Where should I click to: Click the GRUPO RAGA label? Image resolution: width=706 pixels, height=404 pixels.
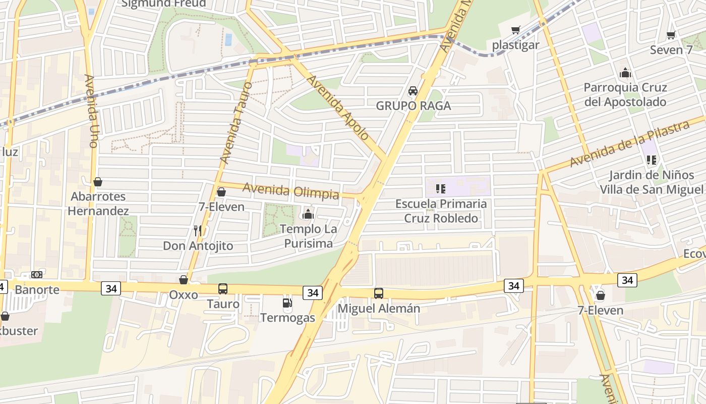click(x=413, y=106)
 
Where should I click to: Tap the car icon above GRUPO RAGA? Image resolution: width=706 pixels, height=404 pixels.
click(x=413, y=91)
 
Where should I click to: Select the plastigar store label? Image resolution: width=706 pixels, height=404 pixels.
click(x=516, y=45)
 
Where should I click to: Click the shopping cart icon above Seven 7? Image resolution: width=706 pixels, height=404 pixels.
click(x=671, y=35)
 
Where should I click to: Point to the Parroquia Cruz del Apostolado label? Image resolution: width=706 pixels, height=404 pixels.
click(x=625, y=94)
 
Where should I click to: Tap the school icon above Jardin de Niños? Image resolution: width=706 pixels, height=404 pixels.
click(x=651, y=160)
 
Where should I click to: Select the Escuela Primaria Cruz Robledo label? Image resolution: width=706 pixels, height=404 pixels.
click(x=441, y=211)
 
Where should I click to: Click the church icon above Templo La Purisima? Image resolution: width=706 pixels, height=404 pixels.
click(x=308, y=214)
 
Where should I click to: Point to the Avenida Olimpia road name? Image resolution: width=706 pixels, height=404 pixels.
click(x=291, y=191)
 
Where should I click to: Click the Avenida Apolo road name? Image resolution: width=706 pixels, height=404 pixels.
click(x=338, y=108)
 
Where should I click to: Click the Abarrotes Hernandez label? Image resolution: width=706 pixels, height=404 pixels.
click(x=98, y=204)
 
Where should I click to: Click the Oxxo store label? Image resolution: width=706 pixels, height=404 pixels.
click(x=183, y=294)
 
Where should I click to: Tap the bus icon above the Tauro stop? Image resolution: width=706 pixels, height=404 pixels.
click(x=222, y=289)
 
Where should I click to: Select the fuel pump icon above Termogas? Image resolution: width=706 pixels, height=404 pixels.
click(x=287, y=303)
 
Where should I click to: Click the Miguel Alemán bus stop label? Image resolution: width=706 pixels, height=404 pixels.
click(x=379, y=308)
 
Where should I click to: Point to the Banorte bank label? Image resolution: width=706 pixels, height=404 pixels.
click(x=37, y=290)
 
